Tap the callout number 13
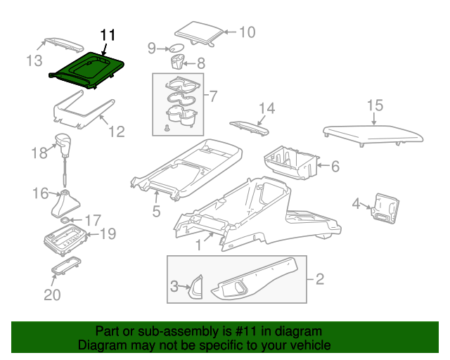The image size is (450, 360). (34, 60)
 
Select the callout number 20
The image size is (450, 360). (52, 295)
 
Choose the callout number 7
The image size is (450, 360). (213, 94)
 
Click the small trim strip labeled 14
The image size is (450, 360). (250, 127)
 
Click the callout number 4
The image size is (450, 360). (356, 204)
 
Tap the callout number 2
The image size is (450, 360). (320, 280)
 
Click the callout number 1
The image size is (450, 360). (199, 245)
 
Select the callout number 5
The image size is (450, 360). (156, 210)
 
